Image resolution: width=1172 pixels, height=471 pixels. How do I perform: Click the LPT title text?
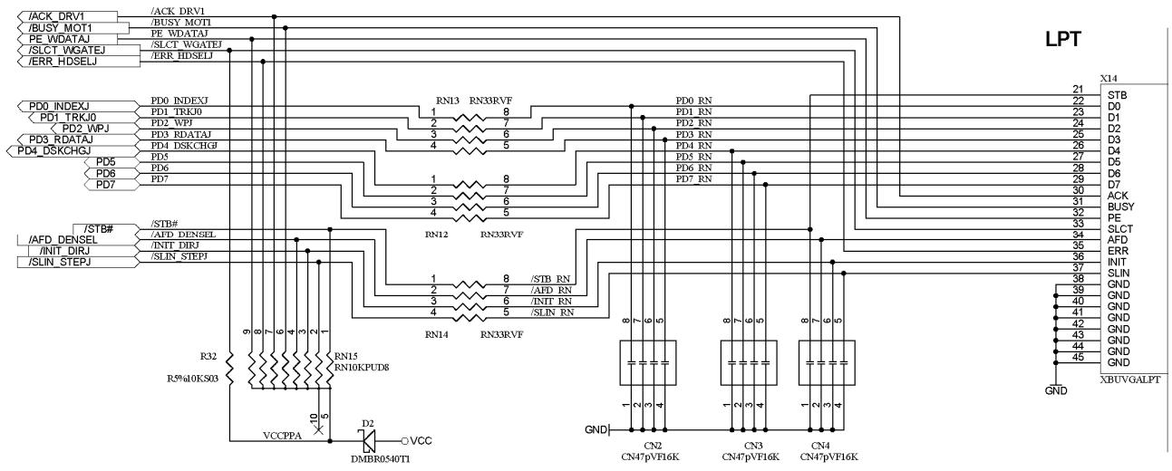point(1062,39)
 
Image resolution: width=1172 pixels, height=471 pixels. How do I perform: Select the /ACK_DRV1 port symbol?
point(67,16)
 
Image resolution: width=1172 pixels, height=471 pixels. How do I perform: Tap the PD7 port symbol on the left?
point(112,185)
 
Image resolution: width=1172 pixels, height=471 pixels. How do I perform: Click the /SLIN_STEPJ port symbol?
point(78,262)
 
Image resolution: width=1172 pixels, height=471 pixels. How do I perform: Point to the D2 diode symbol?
point(369,441)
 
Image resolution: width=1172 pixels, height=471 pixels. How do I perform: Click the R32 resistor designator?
point(208,357)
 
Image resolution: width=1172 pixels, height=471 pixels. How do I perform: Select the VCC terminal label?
point(421,441)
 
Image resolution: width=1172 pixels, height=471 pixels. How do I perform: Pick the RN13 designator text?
point(448,101)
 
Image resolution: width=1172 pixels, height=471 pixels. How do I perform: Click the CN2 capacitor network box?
point(648,363)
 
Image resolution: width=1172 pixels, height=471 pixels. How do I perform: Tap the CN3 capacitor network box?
point(749,363)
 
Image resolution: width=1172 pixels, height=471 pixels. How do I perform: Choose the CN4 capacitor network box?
point(827,363)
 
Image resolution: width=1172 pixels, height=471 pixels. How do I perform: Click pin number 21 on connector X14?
point(1078,90)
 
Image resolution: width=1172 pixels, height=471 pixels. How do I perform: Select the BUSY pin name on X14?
point(1120,207)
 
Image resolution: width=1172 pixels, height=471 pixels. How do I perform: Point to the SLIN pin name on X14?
point(1119,273)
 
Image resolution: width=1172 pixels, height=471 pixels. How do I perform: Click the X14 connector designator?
point(1109,79)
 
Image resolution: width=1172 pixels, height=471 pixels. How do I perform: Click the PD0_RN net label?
point(693,101)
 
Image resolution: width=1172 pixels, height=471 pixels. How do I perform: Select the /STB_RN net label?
point(550,279)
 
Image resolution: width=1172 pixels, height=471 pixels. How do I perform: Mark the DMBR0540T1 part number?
point(381,459)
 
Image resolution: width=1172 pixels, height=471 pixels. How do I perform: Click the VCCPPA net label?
point(282,436)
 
